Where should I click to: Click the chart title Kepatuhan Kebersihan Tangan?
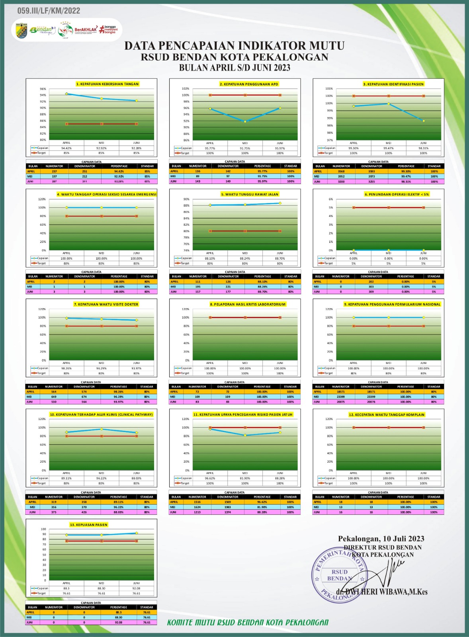coord(107,84)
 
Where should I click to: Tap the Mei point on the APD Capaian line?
coord(245,121)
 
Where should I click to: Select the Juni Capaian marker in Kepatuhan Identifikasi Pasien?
coord(423,121)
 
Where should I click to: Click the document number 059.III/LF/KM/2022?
coord(49,11)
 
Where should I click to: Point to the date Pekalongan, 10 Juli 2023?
coord(381,539)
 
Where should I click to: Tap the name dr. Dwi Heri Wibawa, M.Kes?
coord(381,592)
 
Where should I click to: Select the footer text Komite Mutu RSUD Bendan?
coord(248,622)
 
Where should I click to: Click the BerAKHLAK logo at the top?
coord(86,29)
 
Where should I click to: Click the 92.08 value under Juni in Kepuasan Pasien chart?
coord(136,588)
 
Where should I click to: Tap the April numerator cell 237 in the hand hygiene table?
coord(54,171)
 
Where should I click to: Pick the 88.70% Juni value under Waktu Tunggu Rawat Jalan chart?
coord(280,258)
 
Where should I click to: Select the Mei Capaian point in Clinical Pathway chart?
coord(102,429)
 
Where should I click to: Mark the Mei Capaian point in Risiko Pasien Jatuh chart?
coord(245,435)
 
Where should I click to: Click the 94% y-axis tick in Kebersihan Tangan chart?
coord(43,95)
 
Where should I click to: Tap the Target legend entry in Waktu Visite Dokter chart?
coord(39,373)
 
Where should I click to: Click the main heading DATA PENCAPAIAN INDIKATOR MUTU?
coord(234,46)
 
